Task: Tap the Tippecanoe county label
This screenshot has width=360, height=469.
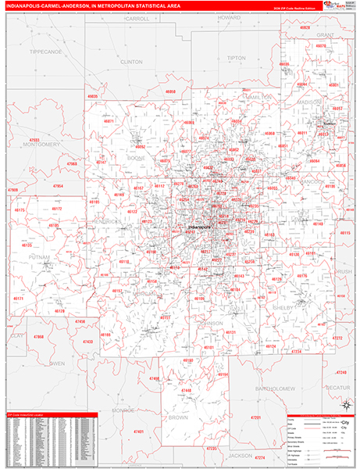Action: coord(46,51)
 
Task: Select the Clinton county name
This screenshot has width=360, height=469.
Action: coord(132,60)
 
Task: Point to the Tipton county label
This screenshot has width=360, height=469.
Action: coord(235,58)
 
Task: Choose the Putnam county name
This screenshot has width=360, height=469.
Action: coord(38,256)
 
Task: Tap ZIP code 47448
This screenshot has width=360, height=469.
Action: coord(185,389)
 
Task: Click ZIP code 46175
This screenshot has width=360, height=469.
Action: coord(20,210)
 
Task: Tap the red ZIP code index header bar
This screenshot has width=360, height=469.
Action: coord(50,414)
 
